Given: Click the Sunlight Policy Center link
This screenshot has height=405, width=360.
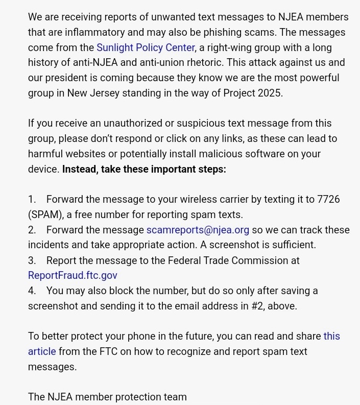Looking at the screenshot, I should click(146, 47).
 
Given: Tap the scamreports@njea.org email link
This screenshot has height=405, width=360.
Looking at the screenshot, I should click(198, 230).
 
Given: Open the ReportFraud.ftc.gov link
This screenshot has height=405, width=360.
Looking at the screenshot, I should click(73, 275).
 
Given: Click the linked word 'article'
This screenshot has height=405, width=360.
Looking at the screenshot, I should click(42, 351).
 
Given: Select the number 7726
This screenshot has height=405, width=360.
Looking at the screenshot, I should click(328, 199).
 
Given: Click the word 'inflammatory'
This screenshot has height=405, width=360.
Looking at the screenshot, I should click(95, 32).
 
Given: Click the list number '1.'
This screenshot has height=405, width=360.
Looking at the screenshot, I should click(32, 199).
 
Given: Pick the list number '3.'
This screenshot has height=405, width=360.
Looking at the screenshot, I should click(32, 260).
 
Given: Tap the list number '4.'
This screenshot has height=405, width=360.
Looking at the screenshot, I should click(32, 291).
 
